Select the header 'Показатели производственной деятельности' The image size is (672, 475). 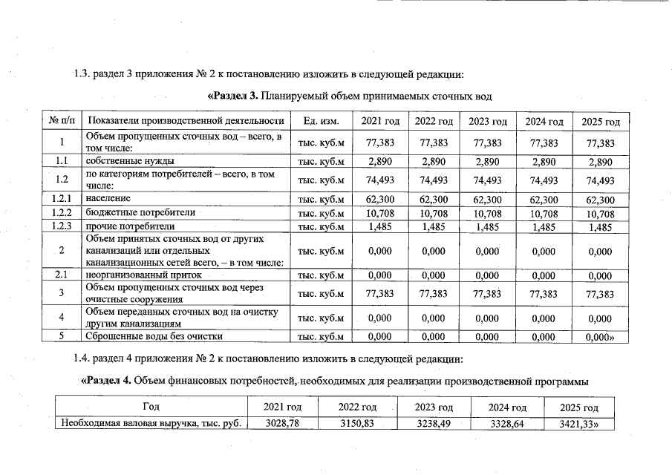(x=186, y=121)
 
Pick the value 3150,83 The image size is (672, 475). (x=356, y=424)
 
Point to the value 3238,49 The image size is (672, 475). (x=434, y=424)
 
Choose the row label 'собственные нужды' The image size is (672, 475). (x=130, y=161)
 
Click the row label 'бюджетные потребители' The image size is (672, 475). (x=140, y=212)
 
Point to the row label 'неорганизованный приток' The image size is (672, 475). (x=144, y=275)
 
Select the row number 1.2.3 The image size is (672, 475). (x=62, y=226)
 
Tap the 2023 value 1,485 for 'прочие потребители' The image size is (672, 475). (x=487, y=226)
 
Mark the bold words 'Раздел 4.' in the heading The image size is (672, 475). (x=105, y=381)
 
